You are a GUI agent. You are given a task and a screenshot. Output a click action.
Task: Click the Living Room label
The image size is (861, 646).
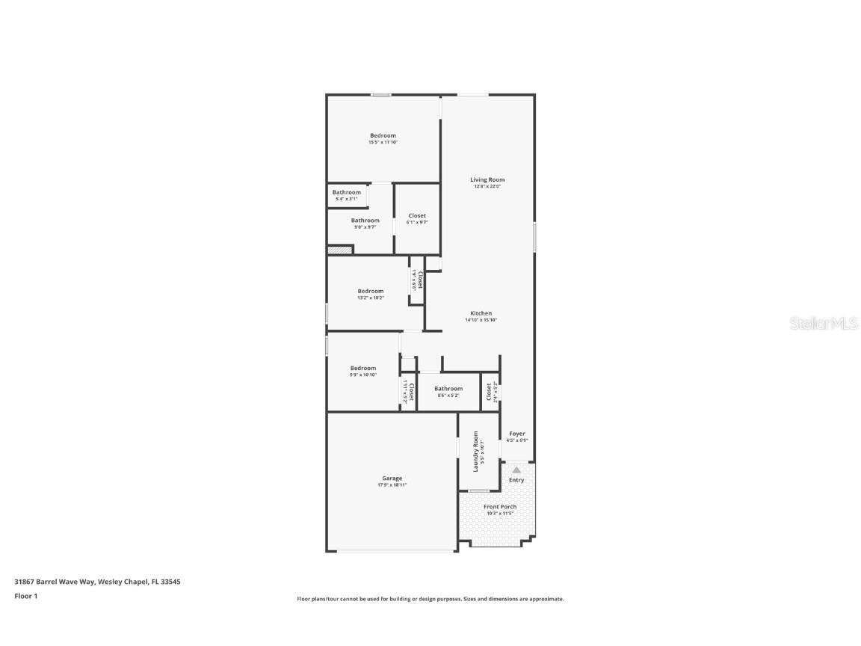(487, 179)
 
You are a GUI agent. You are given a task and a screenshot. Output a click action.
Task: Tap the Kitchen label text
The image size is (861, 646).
(481, 313)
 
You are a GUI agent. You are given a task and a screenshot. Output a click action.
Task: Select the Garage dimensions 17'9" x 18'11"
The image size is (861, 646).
(392, 485)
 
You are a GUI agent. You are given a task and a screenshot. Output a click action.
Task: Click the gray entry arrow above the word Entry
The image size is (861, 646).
(516, 470)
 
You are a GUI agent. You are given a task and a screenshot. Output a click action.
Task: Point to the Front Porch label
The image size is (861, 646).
(499, 507)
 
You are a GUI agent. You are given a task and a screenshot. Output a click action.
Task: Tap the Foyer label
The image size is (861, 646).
(517, 434)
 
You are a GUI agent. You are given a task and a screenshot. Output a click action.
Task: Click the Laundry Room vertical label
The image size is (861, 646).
(475, 451)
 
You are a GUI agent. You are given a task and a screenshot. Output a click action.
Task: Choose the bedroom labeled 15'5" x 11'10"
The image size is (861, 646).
(383, 138)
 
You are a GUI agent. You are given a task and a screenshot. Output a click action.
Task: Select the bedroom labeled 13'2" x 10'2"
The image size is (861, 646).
(370, 294)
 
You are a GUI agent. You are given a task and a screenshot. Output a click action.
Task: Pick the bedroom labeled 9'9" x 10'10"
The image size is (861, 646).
(363, 371)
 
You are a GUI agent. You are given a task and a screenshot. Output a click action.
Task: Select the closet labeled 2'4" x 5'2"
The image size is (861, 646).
(490, 392)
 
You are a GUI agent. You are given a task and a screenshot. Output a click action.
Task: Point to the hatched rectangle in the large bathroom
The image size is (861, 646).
(340, 250)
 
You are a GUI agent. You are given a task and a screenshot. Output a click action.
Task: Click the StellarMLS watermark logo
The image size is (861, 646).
(815, 323)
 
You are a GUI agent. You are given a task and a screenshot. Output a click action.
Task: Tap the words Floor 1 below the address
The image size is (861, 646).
(25, 596)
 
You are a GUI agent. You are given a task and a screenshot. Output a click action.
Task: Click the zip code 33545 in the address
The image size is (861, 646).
(171, 581)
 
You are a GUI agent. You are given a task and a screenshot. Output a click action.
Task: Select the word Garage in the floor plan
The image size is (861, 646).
(392, 479)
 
